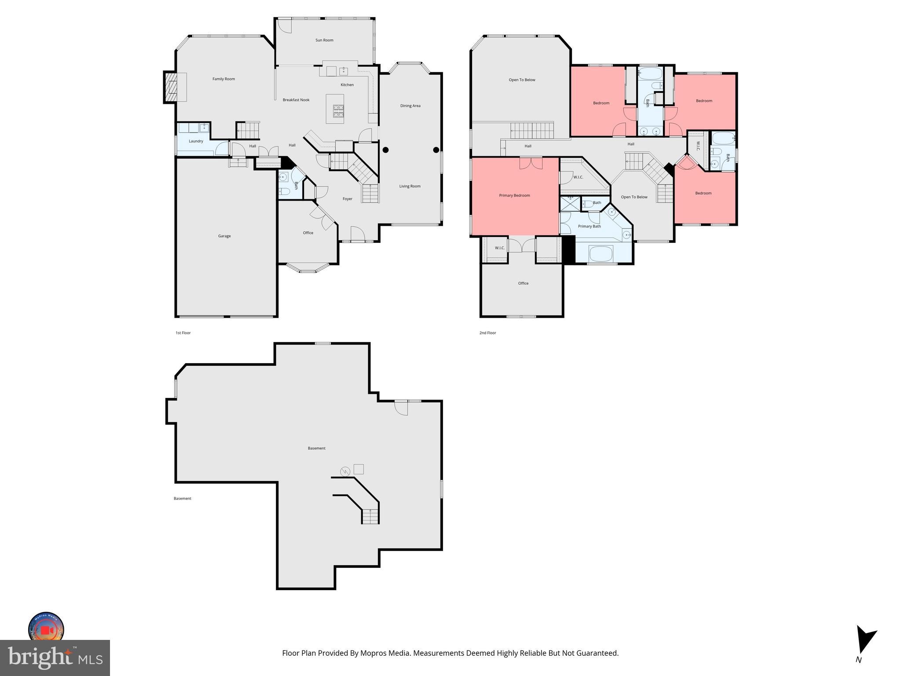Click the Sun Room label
(324, 40)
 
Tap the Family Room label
(223, 79)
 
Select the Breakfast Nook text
(296, 100)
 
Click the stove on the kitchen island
(338, 111)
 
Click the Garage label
(224, 236)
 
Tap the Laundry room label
(196, 141)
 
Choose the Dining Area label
(410, 106)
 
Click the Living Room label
(410, 186)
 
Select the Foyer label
(348, 199)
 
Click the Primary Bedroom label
(514, 195)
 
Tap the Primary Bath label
(589, 226)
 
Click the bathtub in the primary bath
(601, 253)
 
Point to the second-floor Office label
(523, 283)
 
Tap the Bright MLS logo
(55, 658)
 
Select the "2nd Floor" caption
(487, 333)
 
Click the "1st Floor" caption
(183, 333)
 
